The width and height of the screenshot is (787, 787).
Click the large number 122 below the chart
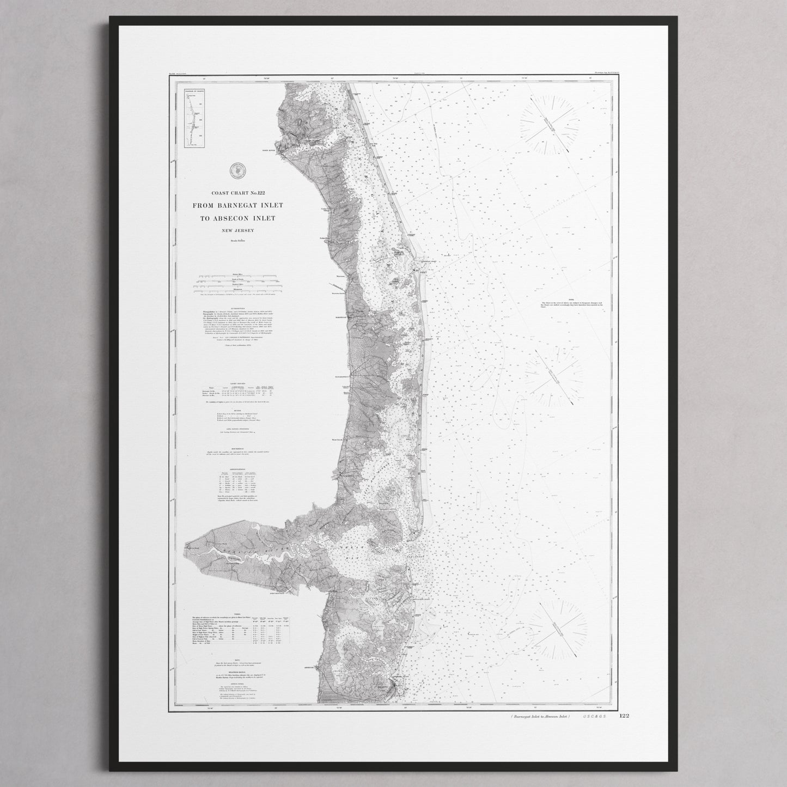pyautogui.click(x=624, y=716)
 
